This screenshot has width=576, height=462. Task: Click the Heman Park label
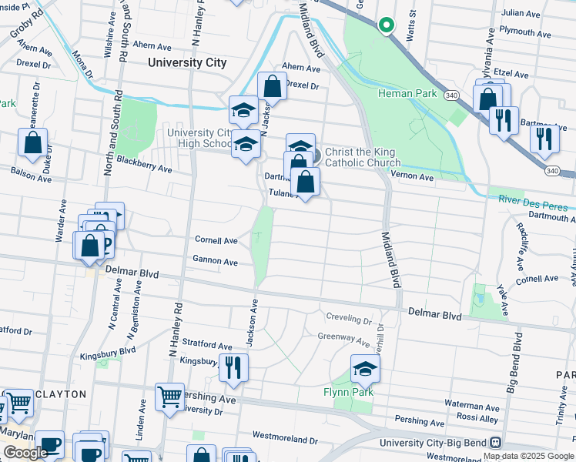407,94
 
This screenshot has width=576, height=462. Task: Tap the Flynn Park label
348,392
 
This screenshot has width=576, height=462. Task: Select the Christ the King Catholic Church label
363,158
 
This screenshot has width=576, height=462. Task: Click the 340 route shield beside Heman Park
451,94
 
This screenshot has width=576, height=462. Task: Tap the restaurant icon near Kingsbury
233,368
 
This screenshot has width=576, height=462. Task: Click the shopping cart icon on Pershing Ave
169,397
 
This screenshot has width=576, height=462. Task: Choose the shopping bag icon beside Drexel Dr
271,87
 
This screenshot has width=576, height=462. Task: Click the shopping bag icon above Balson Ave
32,142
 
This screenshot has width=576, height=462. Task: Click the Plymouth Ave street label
525,33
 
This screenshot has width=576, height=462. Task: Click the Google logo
25,453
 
